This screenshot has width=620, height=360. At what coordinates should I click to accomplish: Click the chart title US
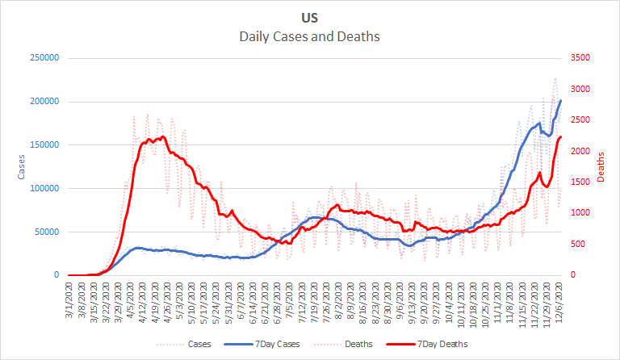(x=309, y=19)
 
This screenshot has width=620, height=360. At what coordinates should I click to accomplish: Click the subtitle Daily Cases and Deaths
(x=309, y=37)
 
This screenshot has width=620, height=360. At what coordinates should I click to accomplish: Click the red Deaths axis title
(x=601, y=166)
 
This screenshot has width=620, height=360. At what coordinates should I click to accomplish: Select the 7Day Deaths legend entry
(x=442, y=343)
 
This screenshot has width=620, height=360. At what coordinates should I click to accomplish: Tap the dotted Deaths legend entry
(x=356, y=343)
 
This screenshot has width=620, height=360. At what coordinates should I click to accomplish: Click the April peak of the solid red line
(x=163, y=136)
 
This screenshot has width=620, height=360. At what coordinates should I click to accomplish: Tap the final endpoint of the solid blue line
(x=561, y=100)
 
